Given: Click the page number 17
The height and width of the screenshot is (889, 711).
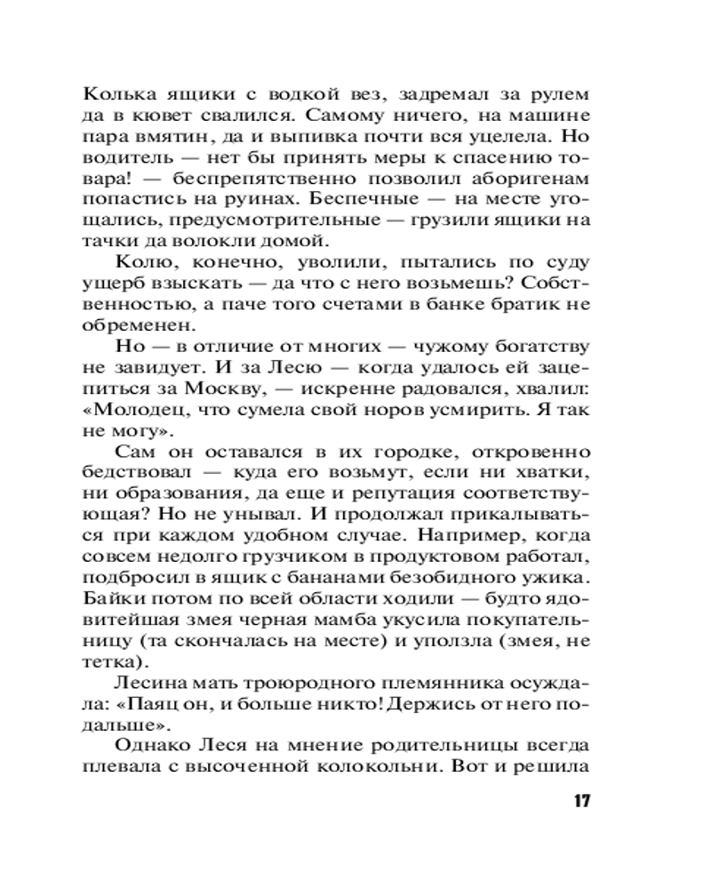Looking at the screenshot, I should [x=581, y=801].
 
